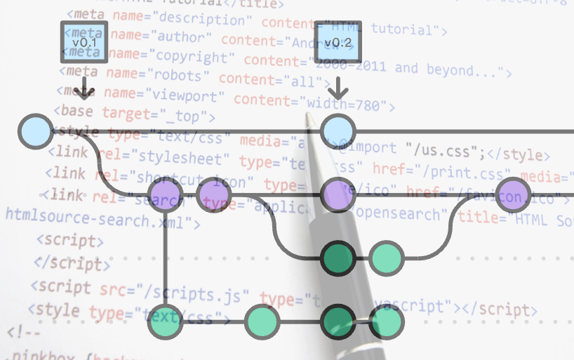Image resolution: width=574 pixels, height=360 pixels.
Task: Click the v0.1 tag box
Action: (84, 43)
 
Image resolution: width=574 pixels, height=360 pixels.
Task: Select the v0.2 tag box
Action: (338, 43)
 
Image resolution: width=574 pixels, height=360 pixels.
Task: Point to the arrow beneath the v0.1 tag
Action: (84, 88)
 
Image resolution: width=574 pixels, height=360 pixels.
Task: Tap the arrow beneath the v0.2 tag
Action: (338, 88)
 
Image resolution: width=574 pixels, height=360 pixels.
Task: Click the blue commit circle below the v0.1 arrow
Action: (34, 131)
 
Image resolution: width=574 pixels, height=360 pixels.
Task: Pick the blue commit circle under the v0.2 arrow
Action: (338, 131)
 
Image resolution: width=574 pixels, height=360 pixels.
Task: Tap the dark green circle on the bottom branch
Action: (338, 322)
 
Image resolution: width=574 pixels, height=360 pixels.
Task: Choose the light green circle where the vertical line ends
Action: (166, 322)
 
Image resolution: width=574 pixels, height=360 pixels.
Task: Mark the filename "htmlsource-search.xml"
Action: (97, 222)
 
